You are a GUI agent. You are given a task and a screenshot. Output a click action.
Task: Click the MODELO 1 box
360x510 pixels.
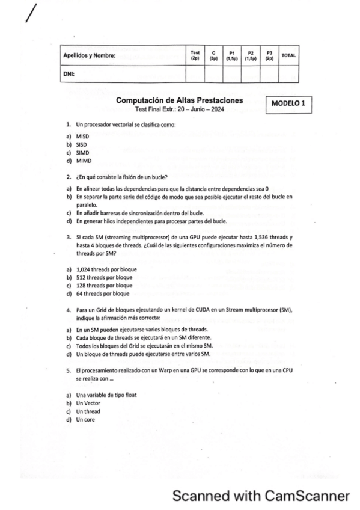tap(288, 103)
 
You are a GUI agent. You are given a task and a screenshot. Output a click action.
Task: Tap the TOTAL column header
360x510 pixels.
tap(288, 55)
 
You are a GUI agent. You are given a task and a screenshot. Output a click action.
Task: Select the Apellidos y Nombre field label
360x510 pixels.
tap(90, 56)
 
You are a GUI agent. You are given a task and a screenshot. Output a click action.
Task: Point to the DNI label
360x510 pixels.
tap(69, 74)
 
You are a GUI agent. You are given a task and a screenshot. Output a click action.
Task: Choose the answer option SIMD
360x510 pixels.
tap(82, 153)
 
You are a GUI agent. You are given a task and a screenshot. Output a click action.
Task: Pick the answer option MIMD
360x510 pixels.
tap(83, 161)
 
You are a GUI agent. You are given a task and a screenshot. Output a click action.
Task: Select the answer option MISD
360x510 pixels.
tap(82, 137)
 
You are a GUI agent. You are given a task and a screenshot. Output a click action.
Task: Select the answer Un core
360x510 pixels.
tap(85, 419)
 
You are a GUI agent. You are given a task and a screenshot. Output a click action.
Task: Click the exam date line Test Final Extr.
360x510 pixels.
tap(179, 109)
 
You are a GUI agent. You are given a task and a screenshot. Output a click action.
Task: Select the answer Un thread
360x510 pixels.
tap(88, 411)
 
